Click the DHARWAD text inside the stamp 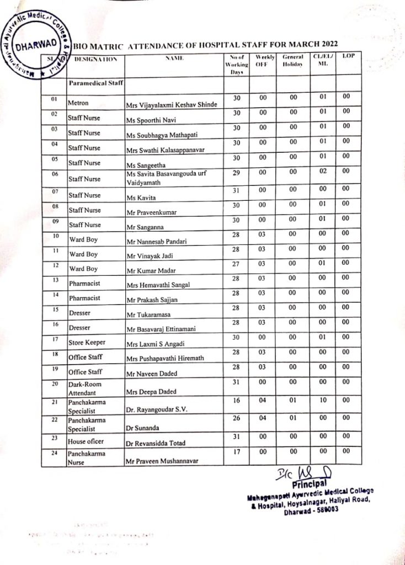(34, 46)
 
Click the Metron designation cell (78, 103)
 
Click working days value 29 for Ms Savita (236, 173)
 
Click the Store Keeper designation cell (87, 343)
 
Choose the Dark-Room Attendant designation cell (84, 388)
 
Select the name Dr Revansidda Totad (156, 443)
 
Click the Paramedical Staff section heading (95, 84)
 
